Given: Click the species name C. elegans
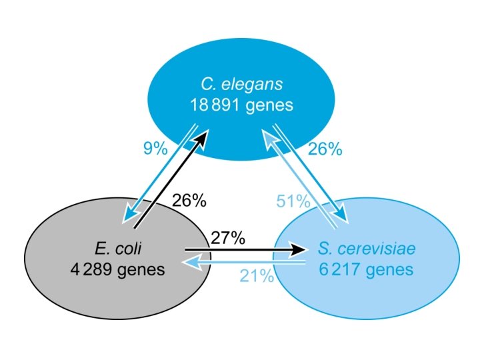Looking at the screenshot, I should tap(242, 85).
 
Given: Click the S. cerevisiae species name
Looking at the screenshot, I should tap(367, 250).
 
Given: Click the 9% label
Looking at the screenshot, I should tap(155, 149).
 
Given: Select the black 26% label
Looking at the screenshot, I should tap(189, 200).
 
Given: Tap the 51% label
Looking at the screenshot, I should tap(294, 200).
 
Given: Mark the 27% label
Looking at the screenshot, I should tap(229, 237).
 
